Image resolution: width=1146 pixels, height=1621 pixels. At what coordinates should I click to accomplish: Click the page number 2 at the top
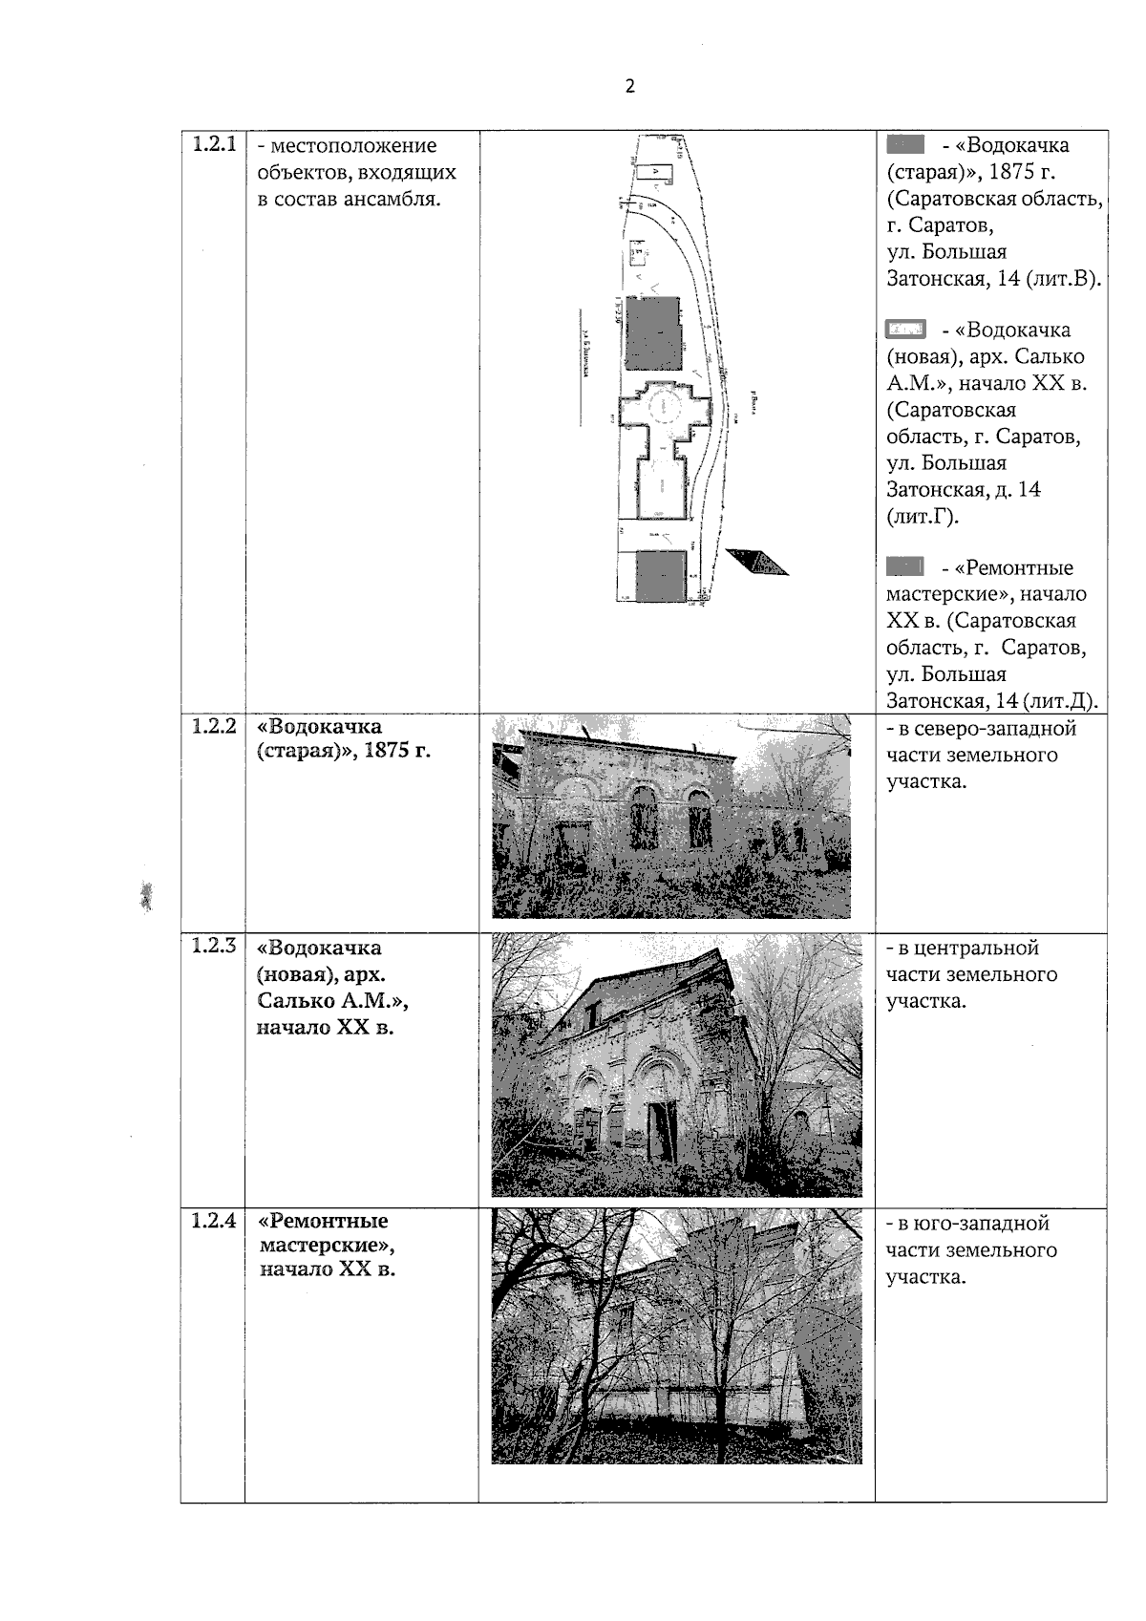pyautogui.click(x=629, y=87)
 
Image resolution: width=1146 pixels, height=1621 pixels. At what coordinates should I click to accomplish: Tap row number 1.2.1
pyautogui.click(x=213, y=145)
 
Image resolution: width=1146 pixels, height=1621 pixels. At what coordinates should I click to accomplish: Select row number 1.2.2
pyautogui.click(x=213, y=726)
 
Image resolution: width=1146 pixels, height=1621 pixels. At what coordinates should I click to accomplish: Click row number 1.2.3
pyautogui.click(x=213, y=947)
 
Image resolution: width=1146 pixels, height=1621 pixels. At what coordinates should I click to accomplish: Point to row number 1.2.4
pyautogui.click(x=213, y=1221)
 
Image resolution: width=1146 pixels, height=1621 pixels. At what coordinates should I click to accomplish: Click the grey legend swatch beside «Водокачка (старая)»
pyautogui.click(x=904, y=145)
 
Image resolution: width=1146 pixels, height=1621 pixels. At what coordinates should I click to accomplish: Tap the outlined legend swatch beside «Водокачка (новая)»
pyautogui.click(x=904, y=330)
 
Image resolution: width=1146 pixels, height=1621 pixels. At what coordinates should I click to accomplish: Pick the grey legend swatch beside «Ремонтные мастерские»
pyautogui.click(x=904, y=567)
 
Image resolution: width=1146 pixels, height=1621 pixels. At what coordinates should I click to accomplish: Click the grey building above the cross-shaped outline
pyautogui.click(x=653, y=332)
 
